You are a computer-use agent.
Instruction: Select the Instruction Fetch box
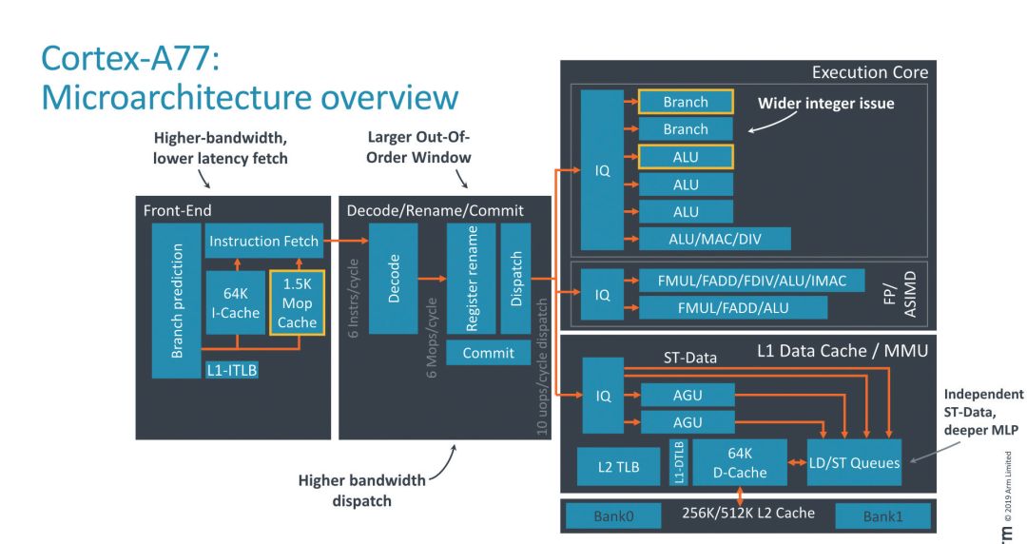[x=263, y=242]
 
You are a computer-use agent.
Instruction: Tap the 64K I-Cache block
[x=234, y=302]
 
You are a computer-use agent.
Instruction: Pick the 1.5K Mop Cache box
[x=297, y=302]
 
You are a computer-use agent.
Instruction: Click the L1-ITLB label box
[x=232, y=371]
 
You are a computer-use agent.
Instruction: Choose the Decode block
[x=394, y=278]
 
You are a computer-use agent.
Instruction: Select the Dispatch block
[x=516, y=278]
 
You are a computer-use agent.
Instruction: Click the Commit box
[x=489, y=353]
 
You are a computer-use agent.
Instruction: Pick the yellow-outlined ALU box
[x=685, y=157]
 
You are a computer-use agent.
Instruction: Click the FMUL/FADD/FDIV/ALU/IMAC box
[x=750, y=281]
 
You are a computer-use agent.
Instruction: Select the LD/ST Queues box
[x=853, y=464]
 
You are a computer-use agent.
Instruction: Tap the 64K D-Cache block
[x=740, y=464]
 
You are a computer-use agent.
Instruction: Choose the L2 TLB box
[x=618, y=466]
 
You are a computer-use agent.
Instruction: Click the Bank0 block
[x=613, y=516]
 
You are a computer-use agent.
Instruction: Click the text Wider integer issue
[x=825, y=103]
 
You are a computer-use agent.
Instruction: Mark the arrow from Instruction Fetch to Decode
[x=346, y=243]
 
